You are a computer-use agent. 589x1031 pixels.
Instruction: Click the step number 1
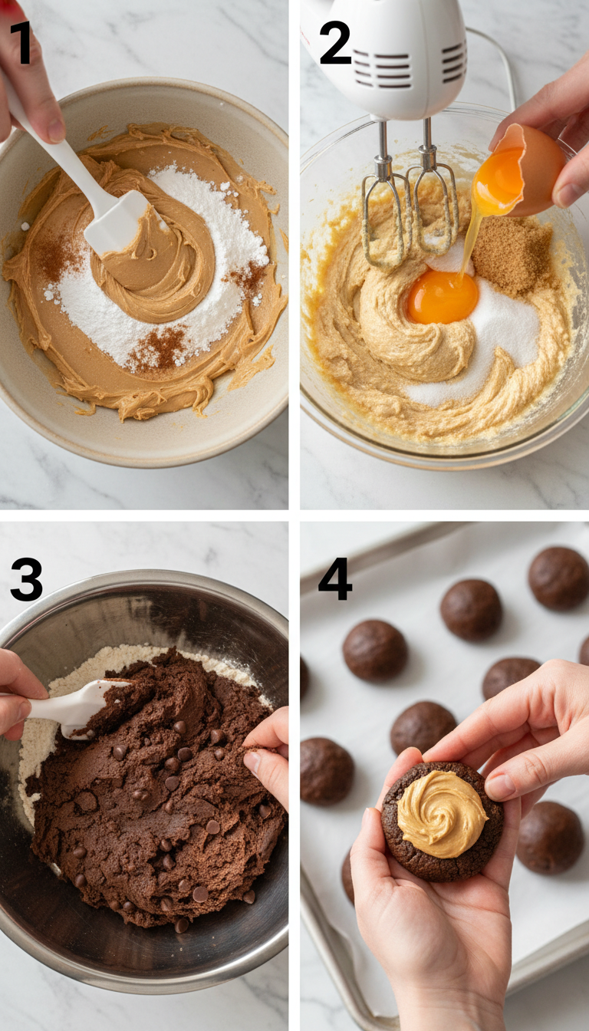click(x=21, y=43)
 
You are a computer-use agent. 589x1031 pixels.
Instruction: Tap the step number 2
click(x=334, y=43)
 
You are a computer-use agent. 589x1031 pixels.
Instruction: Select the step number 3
click(x=26, y=579)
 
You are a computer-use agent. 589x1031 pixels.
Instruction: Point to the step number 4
click(x=335, y=579)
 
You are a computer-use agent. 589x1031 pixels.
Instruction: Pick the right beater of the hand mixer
click(x=433, y=207)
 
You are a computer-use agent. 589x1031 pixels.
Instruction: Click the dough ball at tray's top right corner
click(x=558, y=577)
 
